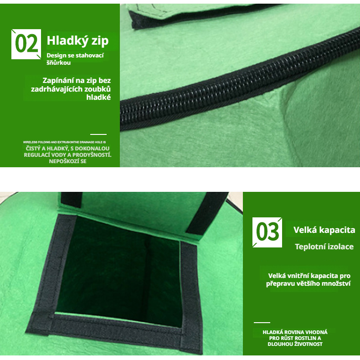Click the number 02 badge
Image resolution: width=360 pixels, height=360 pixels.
[26, 44]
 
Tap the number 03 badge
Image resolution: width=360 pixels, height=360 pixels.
[267, 232]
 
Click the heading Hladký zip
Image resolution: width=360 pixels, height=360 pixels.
[77, 41]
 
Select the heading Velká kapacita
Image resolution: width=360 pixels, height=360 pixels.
[324, 230]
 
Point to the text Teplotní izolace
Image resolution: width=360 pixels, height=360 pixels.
[324, 247]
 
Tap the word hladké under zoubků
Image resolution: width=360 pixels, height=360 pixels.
[98, 97]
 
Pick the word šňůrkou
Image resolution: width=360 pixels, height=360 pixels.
[58, 62]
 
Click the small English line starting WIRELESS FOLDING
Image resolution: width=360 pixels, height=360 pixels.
[64, 142]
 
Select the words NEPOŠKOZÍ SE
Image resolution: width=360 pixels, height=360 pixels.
[68, 161]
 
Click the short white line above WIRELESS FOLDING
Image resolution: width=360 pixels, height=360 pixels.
[98, 134]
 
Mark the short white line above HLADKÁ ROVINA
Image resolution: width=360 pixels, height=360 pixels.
[262, 323]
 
